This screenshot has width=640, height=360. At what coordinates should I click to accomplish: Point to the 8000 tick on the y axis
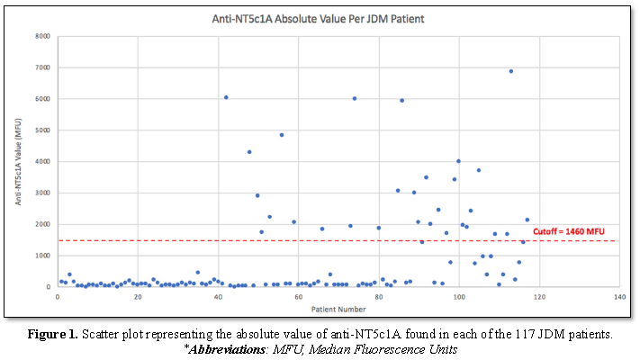tap(42, 37)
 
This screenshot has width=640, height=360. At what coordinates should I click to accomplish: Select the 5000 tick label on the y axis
tap(42, 130)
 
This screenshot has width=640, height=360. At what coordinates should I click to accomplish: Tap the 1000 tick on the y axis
tap(42, 256)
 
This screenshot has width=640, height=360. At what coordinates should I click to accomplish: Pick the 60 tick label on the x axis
tap(298, 296)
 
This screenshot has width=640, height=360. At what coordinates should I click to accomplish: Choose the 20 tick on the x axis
tap(137, 296)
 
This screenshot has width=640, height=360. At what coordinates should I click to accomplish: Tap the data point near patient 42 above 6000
tap(226, 97)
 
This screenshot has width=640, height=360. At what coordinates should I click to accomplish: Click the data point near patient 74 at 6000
tap(355, 99)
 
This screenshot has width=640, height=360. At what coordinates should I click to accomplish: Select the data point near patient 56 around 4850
tap(282, 135)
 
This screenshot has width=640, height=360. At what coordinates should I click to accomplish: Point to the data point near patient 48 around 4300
tap(249, 152)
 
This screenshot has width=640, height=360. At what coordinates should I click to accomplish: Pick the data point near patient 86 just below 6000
tap(401, 100)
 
